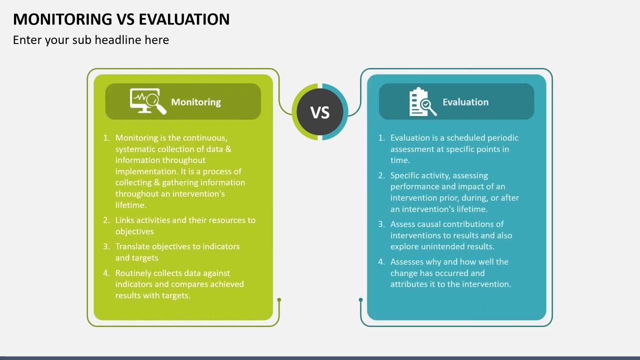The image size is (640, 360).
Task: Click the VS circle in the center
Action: pyautogui.click(x=320, y=112)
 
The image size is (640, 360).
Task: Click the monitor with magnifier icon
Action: pyautogui.click(x=147, y=101)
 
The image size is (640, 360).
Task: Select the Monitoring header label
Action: pyautogui.click(x=196, y=102)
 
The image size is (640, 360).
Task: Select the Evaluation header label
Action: pyautogui.click(x=465, y=102)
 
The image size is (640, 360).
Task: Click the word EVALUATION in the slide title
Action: pyautogui.click(x=184, y=19)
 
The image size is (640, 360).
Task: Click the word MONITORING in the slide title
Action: pyautogui.click(x=63, y=19)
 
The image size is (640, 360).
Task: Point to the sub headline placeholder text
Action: pyautogui.click(x=91, y=40)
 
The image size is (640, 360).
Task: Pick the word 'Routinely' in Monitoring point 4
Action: pyautogui.click(x=134, y=273)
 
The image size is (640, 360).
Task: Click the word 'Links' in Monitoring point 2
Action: pyautogui.click(x=124, y=220)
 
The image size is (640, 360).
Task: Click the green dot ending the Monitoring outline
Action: pyautogui.click(x=279, y=300)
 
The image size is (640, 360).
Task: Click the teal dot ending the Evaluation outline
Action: pyautogui.click(x=360, y=300)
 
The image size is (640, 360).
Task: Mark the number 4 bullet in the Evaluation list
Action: pyautogui.click(x=381, y=261)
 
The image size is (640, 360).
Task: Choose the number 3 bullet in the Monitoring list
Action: pyautogui.click(x=106, y=246)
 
